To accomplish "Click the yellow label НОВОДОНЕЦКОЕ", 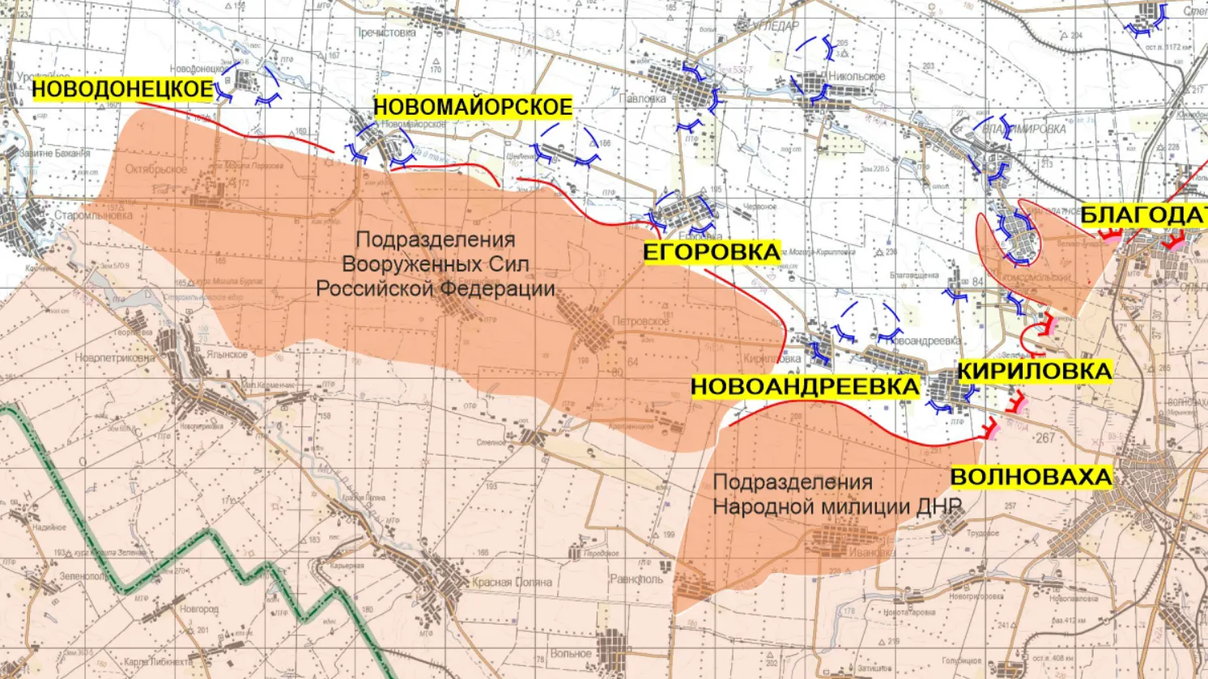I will click(x=122, y=89).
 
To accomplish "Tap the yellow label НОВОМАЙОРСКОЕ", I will click(x=473, y=107).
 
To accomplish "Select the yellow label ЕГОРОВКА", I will click(x=712, y=253).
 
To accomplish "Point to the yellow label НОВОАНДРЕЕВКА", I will click(x=805, y=387).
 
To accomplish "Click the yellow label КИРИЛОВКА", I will click(x=1034, y=371).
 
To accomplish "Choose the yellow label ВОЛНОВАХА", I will click(x=1031, y=477).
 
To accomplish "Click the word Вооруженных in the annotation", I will click(x=435, y=264).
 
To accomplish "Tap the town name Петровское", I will click(x=641, y=321).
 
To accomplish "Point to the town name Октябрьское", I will click(x=155, y=170).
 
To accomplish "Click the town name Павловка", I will click(x=641, y=99).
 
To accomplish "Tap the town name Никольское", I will click(x=857, y=77).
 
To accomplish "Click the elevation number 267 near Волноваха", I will click(x=1044, y=438).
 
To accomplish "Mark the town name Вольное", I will click(x=570, y=654).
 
